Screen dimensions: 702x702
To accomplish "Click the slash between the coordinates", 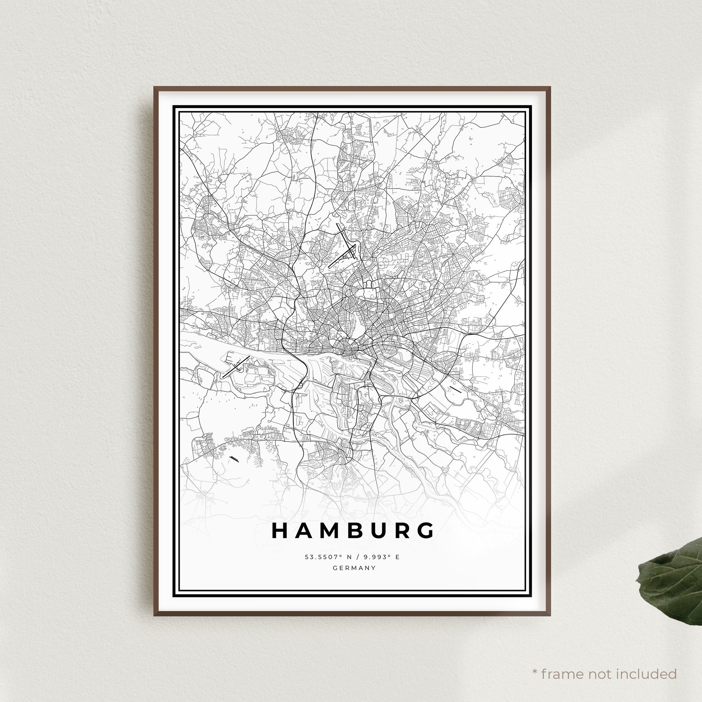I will pyautogui.click(x=359, y=557).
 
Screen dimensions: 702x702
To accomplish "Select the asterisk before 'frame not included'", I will pyautogui.click(x=535, y=662).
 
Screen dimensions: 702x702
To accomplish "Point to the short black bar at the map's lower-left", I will pyautogui.click(x=234, y=459).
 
